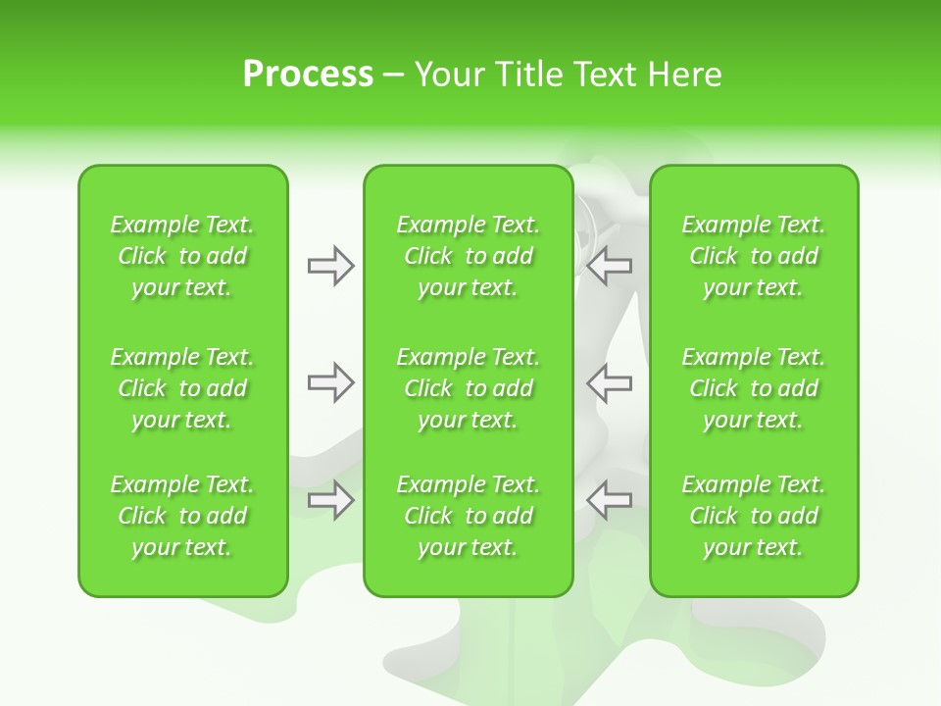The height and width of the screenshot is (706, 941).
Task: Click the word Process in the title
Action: [308, 75]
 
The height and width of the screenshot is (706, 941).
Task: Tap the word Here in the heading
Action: [684, 75]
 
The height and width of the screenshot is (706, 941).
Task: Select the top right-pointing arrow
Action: [330, 266]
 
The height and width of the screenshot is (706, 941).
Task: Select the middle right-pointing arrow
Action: [330, 382]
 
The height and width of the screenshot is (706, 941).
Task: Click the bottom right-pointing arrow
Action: [330, 500]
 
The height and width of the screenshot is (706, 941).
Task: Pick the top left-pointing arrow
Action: [610, 266]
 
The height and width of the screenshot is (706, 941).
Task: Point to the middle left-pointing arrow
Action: [610, 382]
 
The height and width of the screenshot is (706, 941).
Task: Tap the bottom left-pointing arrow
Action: [610, 500]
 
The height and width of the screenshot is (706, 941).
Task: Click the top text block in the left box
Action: [182, 256]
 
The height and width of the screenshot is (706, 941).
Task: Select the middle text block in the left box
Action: [182, 388]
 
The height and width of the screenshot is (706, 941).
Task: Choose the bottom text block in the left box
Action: [182, 516]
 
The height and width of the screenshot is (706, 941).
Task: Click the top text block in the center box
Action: [468, 256]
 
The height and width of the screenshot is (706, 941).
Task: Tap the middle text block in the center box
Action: [468, 388]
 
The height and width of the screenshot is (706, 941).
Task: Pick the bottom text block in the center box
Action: [468, 516]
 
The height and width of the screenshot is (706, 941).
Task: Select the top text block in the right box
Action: [753, 256]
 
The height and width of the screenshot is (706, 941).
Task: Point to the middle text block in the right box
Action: [753, 388]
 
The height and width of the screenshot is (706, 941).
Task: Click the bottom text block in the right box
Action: [753, 516]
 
